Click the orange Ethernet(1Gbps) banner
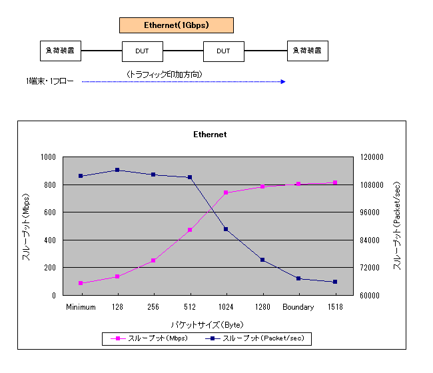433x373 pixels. tap(177, 25)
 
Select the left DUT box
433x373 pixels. tap(142, 51)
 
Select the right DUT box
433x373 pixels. tap(223, 51)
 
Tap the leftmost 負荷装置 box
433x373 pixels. tap(60, 51)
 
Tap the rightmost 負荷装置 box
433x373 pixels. tap(307, 51)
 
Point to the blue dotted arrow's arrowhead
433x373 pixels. tap(283, 82)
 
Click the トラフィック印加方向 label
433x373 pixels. tap(164, 74)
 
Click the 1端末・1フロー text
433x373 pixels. tap(50, 82)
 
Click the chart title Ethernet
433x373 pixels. tap(210, 135)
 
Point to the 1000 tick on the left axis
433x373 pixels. tap(48, 157)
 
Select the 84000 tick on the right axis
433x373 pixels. tap(370, 240)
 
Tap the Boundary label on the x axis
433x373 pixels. tap(298, 307)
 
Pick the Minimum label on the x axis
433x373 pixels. tap(81, 307)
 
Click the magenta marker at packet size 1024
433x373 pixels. tap(226, 192)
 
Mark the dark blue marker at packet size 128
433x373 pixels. tap(117, 170)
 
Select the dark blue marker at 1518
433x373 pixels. tap(335, 282)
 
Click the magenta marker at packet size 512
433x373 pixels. tap(190, 230)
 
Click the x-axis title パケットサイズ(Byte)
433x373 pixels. tap(207, 324)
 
